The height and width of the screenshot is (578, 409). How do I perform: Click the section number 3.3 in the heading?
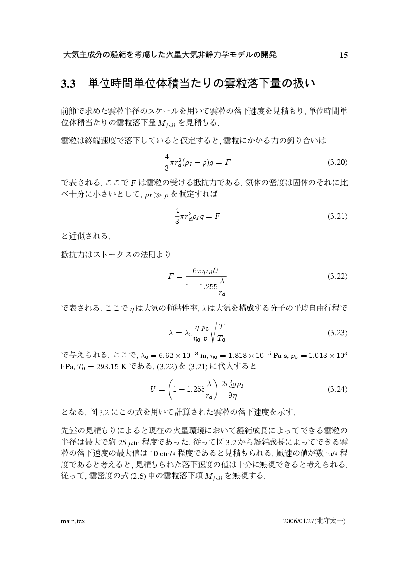tap(67, 84)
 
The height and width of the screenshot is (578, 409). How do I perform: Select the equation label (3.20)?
tap(338, 162)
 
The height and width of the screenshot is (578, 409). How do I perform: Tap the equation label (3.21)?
tap(338, 216)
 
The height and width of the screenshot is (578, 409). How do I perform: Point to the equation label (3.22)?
tap(338, 276)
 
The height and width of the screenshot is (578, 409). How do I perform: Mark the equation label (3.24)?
tap(338, 389)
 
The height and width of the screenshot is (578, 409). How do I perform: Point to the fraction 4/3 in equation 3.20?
tap(166, 162)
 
